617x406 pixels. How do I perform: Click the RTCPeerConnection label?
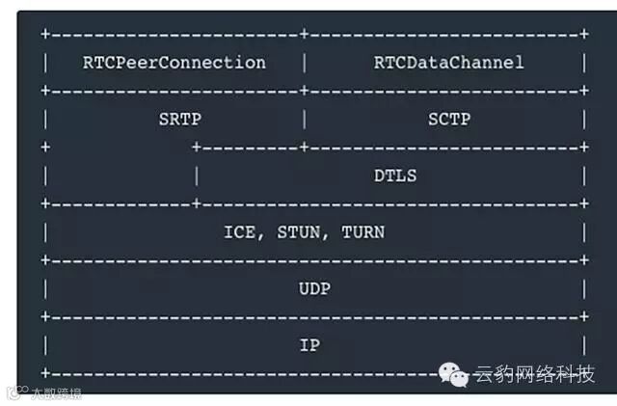[174, 63]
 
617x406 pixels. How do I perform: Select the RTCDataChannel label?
[448, 63]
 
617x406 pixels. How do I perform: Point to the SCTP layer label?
[448, 120]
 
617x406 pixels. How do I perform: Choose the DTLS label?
[395, 176]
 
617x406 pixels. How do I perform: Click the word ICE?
[241, 232]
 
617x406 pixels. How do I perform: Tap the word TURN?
[362, 232]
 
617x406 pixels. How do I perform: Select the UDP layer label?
[314, 288]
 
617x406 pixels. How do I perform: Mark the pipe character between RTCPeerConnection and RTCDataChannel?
[304, 63]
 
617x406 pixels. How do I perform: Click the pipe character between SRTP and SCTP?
[304, 120]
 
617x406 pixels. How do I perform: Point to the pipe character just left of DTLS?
[197, 176]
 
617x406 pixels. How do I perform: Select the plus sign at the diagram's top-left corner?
[44, 35]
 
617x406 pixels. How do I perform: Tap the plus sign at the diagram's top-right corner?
[584, 35]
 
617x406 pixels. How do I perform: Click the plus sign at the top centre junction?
[304, 35]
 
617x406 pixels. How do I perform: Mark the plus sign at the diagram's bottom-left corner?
[44, 372]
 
